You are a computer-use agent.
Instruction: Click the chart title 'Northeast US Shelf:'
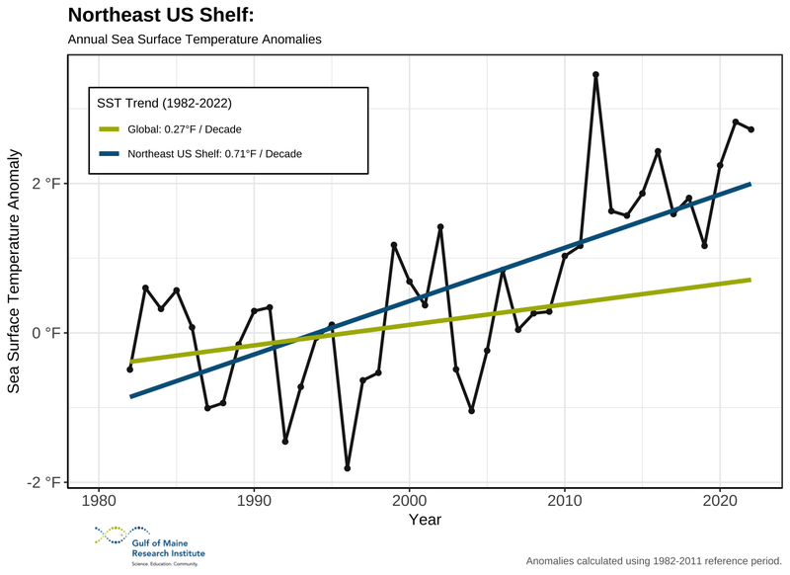(162, 17)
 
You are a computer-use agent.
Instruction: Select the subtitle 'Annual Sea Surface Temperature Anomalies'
(195, 41)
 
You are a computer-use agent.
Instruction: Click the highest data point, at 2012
(595, 74)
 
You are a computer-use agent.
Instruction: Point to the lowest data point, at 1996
(348, 468)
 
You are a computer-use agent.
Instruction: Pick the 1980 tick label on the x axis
(99, 501)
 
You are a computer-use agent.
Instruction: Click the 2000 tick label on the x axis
(409, 501)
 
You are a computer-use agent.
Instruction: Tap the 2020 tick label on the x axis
(720, 501)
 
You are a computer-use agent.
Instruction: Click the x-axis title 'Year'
(425, 520)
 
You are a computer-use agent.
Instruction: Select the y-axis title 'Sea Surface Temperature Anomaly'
(15, 272)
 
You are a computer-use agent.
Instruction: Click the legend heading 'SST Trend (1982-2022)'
(164, 102)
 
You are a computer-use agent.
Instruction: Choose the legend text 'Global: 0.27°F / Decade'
(185, 129)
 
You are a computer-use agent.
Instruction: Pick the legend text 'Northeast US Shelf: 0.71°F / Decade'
(214, 154)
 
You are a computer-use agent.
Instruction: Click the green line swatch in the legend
(109, 129)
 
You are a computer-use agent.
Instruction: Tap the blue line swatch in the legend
(109, 154)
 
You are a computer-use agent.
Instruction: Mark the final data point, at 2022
(751, 129)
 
